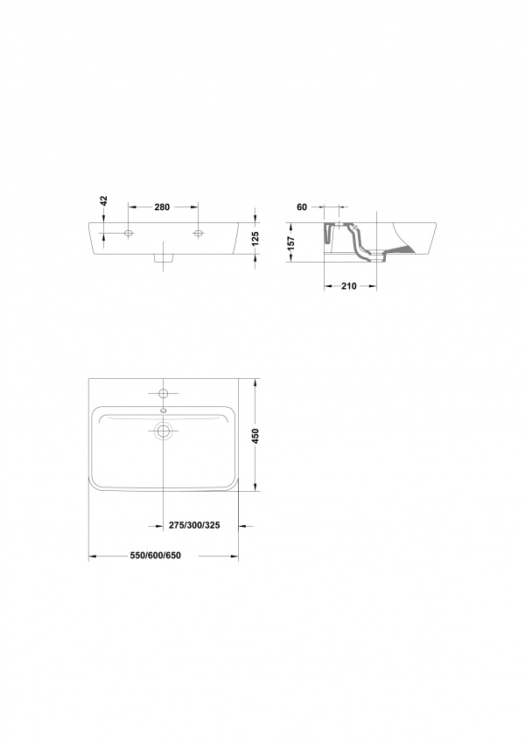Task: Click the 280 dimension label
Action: click(162, 207)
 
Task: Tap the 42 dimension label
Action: click(104, 201)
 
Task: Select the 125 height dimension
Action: click(255, 238)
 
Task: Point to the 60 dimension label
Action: click(302, 207)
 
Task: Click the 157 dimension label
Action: click(291, 243)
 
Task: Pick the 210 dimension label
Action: click(349, 286)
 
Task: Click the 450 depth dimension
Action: click(255, 436)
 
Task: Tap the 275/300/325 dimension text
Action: click(194, 525)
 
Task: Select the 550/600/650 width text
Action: click(156, 556)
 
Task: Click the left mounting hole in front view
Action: click(129, 233)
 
